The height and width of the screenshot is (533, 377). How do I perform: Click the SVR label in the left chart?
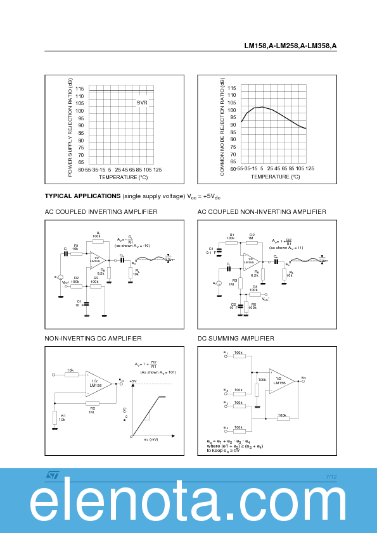[x=142, y=103]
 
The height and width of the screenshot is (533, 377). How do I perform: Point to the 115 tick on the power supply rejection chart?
[x=80, y=89]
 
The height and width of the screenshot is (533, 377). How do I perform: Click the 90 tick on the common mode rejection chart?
[x=232, y=125]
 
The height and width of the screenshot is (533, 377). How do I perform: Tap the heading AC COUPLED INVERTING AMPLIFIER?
[x=101, y=212]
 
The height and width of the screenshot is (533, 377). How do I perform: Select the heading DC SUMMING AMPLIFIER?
[x=236, y=339]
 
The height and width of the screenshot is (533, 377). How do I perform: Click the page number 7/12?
[x=331, y=477]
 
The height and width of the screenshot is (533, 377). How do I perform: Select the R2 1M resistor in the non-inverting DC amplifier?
[x=92, y=403]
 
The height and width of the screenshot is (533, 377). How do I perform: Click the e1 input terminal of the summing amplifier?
[x=226, y=356]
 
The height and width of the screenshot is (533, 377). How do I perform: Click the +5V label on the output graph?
[x=132, y=381]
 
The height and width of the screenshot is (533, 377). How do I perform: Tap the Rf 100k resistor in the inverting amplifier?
[x=98, y=241]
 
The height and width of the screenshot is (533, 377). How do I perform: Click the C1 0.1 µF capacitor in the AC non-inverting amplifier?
[x=219, y=251]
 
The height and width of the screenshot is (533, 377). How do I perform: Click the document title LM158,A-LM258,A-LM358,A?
[x=290, y=46]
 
